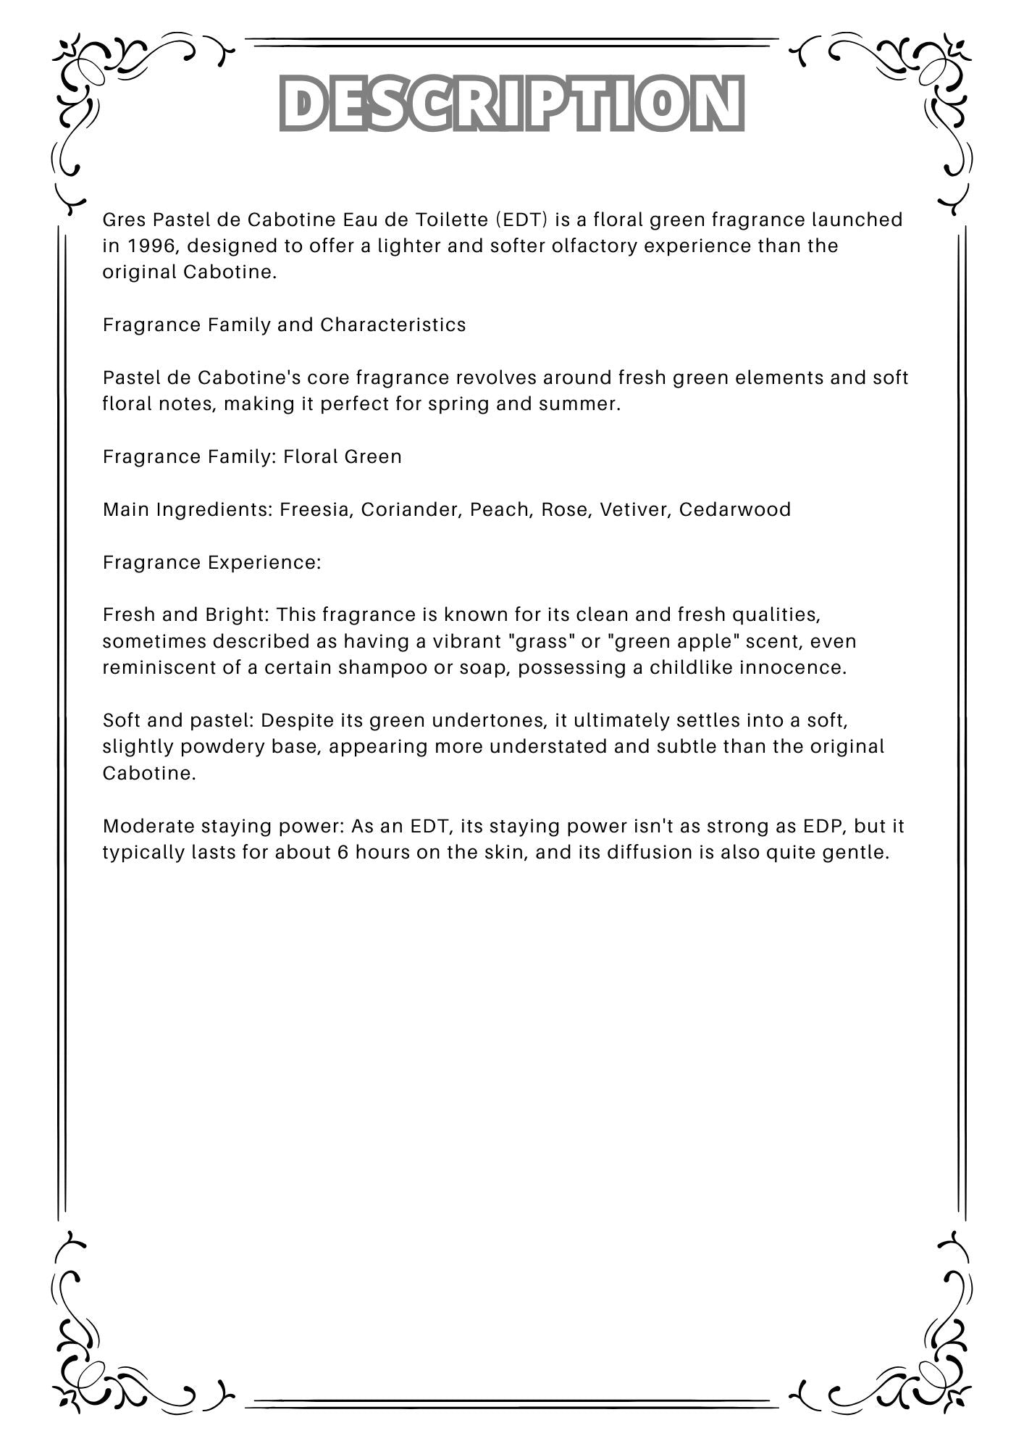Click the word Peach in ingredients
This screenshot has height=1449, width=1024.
499,509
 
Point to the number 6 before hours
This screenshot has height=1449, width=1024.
343,852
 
